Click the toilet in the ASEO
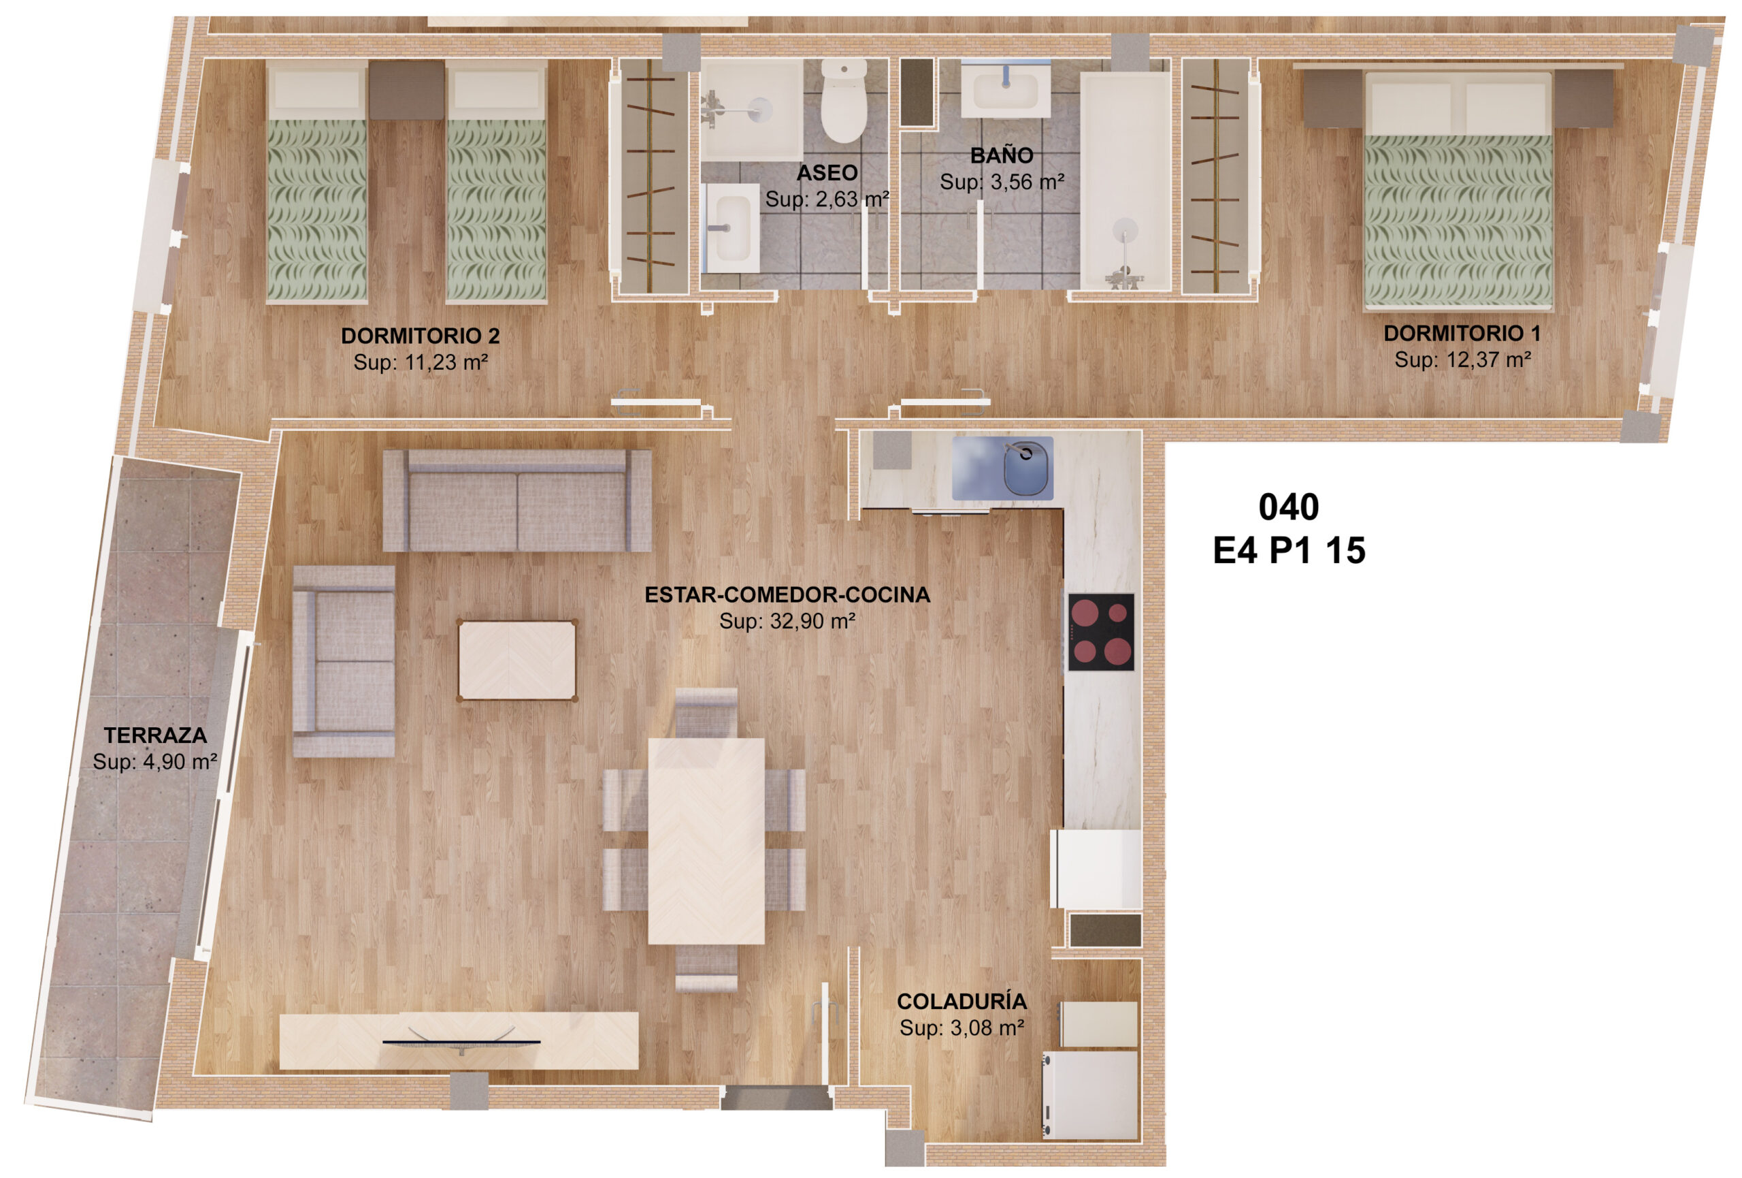point(843,101)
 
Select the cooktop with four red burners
point(1100,631)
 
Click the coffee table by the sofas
point(517,660)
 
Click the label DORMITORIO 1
point(1462,333)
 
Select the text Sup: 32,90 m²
point(787,621)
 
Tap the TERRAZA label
point(155,735)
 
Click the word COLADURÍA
point(962,1001)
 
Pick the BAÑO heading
point(1002,155)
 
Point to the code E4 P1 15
point(1289,550)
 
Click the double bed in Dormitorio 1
point(1458,191)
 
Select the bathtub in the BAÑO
point(1124,180)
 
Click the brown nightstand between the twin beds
point(407,90)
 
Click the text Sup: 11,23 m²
point(421,362)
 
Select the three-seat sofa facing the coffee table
point(516,500)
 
